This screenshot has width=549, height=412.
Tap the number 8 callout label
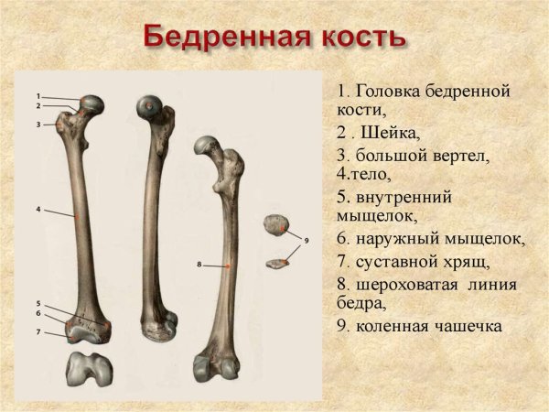pos(199,265)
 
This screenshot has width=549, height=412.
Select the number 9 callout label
pos(307,240)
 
